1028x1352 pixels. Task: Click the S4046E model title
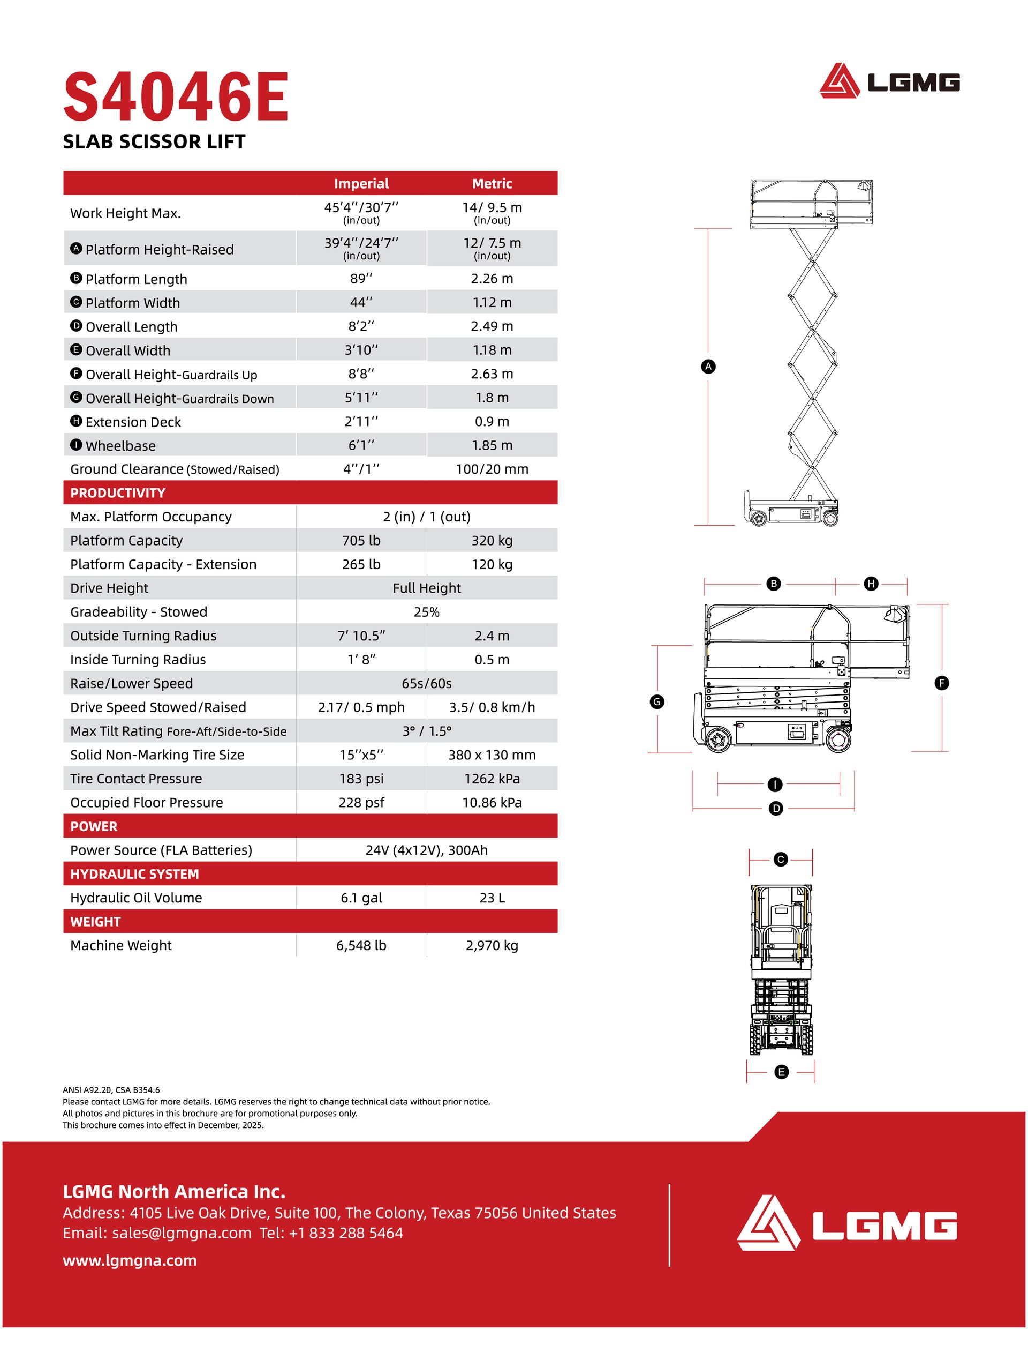point(176,97)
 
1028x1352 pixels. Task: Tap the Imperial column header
point(361,183)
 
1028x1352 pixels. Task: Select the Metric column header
point(492,183)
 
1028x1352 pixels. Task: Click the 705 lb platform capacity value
point(361,541)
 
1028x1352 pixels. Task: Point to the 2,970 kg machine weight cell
point(492,945)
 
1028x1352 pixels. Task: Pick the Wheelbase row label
point(120,446)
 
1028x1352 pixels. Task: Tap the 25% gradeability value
point(427,612)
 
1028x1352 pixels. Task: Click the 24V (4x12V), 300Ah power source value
point(427,850)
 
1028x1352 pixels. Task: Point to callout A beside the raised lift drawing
point(708,367)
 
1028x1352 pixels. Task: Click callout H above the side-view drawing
point(871,584)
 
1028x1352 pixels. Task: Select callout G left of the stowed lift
point(657,701)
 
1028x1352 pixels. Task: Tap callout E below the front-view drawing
point(781,1072)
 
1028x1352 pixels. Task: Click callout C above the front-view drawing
point(780,860)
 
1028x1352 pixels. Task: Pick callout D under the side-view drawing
point(776,809)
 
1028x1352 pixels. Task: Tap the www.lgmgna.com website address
point(130,1261)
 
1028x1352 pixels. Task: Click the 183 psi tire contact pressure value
point(361,779)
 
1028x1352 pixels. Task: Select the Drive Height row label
point(109,588)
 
